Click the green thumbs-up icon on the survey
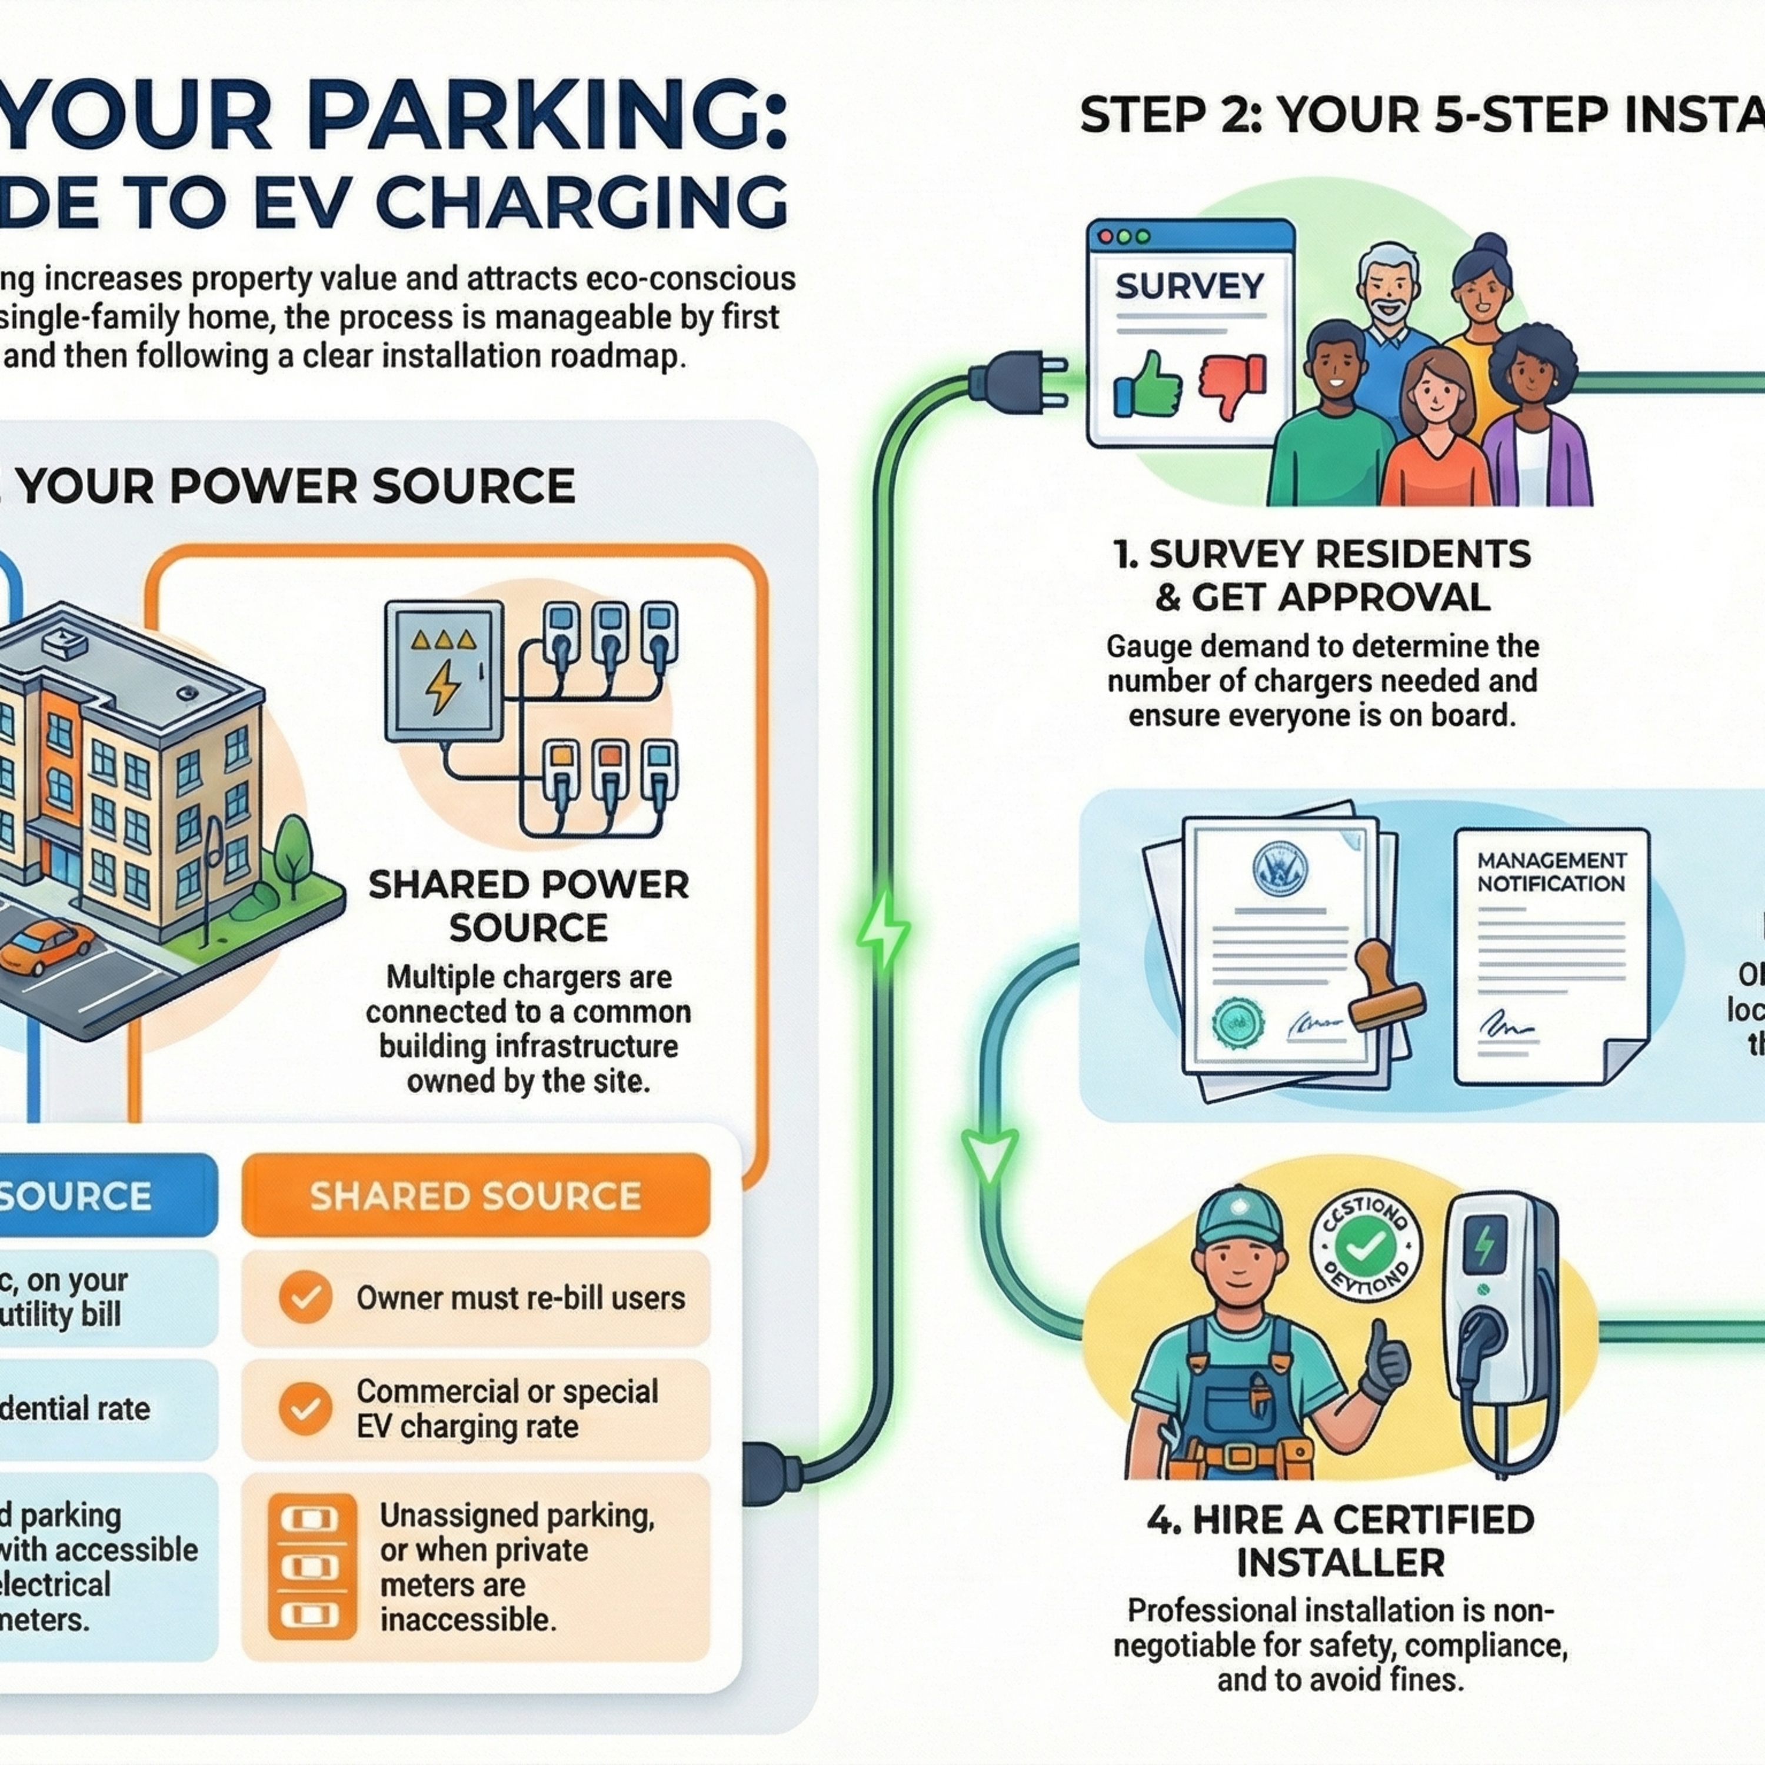pos(1147,385)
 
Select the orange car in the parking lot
pos(46,945)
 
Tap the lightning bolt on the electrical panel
pos(445,685)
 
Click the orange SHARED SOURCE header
pos(475,1197)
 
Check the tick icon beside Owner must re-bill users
pos(305,1297)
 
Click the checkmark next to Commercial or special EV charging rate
pos(305,1408)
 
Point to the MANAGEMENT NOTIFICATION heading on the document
pos(1551,872)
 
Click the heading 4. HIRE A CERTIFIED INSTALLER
pos(1340,1541)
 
